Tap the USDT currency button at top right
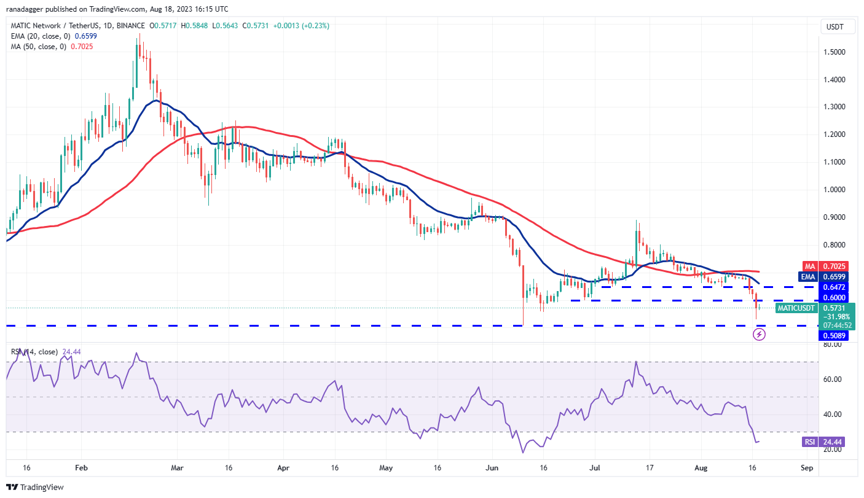pos(835,27)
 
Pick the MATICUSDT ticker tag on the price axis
pos(796,308)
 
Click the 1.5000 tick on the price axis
pos(838,52)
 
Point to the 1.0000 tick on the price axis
pos(838,190)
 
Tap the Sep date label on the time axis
pos(807,468)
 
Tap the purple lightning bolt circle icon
pos(759,335)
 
